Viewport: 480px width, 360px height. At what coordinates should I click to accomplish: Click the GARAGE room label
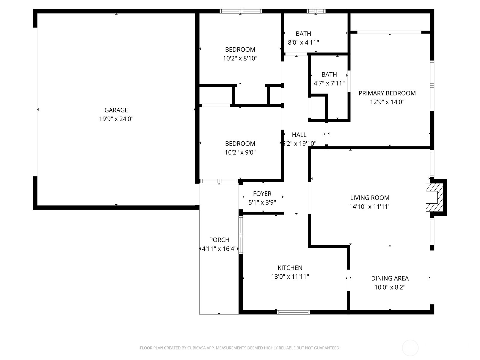point(116,110)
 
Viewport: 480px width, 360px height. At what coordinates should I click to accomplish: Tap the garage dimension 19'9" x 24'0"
point(116,119)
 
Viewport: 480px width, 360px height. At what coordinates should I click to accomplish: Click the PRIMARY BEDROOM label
point(387,93)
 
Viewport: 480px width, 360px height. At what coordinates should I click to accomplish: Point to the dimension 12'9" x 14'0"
point(387,102)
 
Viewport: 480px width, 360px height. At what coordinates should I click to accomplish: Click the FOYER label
point(262,193)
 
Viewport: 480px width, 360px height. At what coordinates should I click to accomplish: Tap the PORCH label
point(219,240)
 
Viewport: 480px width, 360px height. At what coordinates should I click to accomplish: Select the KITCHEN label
point(290,268)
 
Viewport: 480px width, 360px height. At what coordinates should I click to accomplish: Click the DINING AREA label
point(390,278)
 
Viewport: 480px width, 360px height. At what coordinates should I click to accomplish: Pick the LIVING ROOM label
point(370,198)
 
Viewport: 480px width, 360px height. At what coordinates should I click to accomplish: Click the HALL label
point(299,135)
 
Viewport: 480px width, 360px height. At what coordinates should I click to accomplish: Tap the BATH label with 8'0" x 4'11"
point(303,34)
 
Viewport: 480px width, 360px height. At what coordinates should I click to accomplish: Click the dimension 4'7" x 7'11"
point(329,83)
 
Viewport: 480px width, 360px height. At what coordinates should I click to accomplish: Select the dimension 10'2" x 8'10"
point(240,58)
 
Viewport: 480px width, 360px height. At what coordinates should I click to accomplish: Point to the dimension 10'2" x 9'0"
point(240,152)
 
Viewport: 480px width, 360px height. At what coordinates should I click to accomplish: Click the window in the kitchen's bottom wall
point(293,312)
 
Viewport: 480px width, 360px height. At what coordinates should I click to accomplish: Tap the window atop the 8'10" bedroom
point(241,11)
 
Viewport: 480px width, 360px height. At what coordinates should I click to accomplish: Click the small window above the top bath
point(316,11)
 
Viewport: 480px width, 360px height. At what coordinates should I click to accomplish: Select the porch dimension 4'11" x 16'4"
point(219,249)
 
